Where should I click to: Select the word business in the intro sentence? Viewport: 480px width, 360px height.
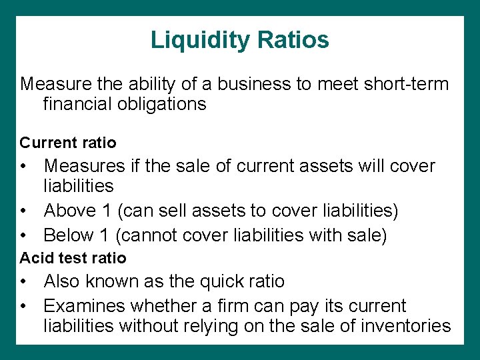click(x=249, y=85)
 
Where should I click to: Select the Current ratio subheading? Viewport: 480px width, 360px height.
click(x=68, y=143)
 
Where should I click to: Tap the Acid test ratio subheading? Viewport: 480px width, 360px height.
click(x=73, y=257)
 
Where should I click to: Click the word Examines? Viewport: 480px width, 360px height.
click(x=85, y=306)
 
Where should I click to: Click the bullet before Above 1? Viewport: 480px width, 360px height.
click(x=23, y=211)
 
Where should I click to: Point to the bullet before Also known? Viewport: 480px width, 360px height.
click(x=23, y=282)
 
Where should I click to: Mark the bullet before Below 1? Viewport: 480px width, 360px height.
click(x=23, y=235)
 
